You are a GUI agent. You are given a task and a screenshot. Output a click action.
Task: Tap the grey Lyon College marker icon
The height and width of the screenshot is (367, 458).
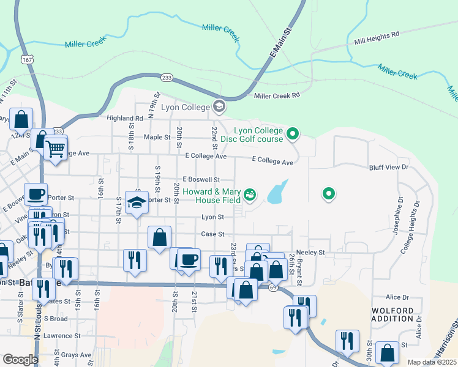click(x=219, y=107)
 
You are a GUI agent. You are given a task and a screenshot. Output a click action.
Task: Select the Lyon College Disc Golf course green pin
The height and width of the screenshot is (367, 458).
click(x=293, y=133)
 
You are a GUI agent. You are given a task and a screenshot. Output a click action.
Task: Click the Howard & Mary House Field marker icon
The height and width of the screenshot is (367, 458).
click(x=249, y=195)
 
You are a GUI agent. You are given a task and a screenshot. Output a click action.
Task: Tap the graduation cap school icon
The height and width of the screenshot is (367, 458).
click(x=137, y=202)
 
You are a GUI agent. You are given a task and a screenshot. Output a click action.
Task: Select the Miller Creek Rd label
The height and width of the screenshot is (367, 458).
click(x=277, y=95)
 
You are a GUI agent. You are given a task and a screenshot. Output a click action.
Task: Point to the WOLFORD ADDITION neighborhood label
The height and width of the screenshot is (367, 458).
click(x=397, y=314)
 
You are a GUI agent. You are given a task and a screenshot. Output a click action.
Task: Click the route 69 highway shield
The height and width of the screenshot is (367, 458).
click(x=271, y=287)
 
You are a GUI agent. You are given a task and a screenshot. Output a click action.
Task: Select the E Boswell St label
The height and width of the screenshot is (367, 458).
click(x=201, y=180)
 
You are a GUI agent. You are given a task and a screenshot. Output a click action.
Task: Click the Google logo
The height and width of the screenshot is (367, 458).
click(x=20, y=360)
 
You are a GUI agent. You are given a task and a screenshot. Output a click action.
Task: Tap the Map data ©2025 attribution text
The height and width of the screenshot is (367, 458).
click(x=432, y=362)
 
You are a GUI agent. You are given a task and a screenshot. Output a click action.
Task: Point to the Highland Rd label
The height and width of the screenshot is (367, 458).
click(x=124, y=118)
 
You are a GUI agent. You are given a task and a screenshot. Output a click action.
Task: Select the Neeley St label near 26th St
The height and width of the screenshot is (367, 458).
click(x=310, y=252)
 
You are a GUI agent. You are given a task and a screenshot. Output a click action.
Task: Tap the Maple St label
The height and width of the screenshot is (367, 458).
click(x=157, y=137)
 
